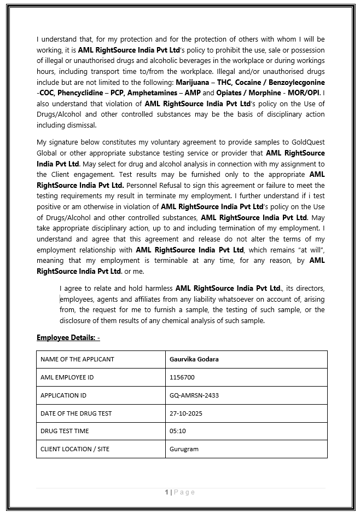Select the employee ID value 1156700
click(182, 377)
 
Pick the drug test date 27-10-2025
click(186, 413)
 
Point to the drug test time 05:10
click(178, 431)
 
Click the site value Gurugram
click(184, 449)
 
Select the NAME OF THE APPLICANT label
click(77, 359)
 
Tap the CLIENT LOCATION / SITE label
click(75, 449)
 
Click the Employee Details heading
click(68, 337)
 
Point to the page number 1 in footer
click(167, 492)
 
